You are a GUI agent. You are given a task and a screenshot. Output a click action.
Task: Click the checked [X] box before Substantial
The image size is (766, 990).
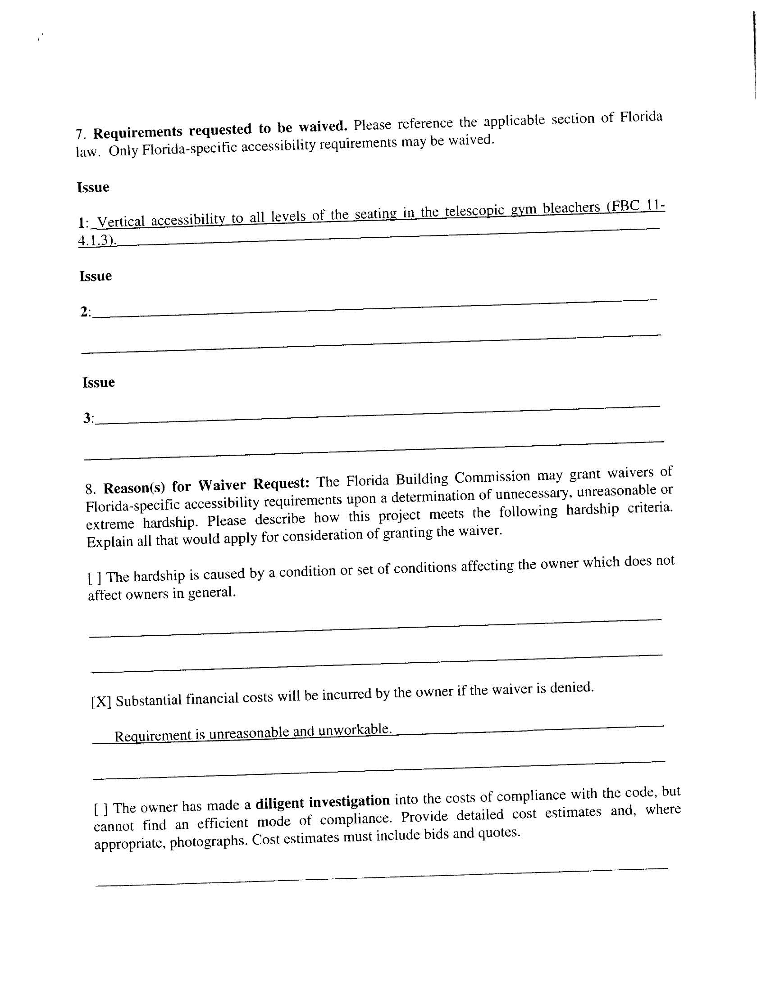101,702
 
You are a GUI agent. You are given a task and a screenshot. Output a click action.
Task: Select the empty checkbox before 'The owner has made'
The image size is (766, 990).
101,809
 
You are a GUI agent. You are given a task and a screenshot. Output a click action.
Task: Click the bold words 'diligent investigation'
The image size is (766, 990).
323,802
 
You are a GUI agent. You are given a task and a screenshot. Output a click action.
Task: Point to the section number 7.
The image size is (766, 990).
80,135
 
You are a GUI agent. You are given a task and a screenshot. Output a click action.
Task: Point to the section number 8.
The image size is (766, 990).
90,489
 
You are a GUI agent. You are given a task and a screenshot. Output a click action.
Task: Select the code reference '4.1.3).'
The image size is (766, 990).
97,240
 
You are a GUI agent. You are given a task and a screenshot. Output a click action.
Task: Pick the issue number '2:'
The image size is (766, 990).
85,312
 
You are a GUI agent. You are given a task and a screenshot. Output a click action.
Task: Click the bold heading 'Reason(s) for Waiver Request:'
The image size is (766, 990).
206,485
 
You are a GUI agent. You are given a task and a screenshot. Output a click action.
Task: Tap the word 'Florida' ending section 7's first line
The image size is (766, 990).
641,117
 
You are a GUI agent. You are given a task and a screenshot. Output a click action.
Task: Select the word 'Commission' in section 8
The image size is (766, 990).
492,477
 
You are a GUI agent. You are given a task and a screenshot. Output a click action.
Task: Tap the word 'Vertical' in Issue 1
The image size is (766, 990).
121,222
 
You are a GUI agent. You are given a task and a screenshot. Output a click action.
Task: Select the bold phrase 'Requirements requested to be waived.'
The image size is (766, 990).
220,129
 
